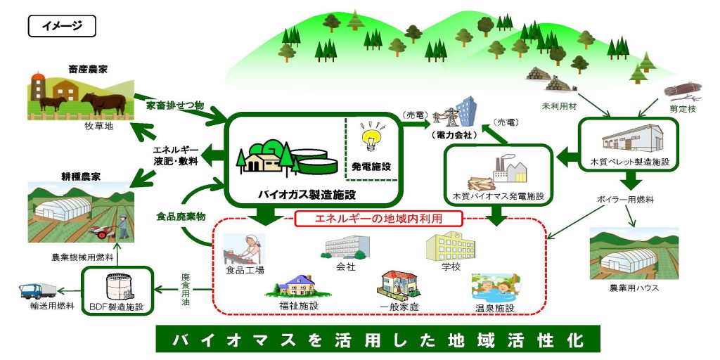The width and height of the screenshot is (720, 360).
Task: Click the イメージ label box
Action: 62,27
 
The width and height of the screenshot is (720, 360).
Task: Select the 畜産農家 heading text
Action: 88,69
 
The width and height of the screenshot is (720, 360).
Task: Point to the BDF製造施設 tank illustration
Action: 118,285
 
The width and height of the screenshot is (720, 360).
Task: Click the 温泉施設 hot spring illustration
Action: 495,288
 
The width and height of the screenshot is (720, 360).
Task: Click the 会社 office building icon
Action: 347,246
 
